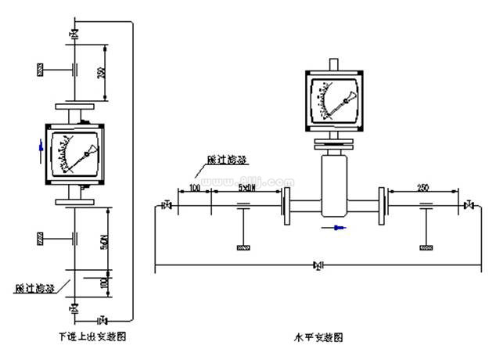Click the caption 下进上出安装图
pyautogui.click(x=92, y=337)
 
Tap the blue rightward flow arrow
pyautogui.click(x=339, y=228)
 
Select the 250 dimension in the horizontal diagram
pyautogui.click(x=423, y=189)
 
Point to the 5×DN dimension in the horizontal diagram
pyautogui.click(x=246, y=189)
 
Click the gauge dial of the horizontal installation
pyautogui.click(x=336, y=100)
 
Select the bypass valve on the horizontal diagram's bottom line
pyautogui.click(x=318, y=266)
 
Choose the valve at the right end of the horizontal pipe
pyautogui.click(x=468, y=207)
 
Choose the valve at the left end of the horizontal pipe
pyautogui.click(x=165, y=207)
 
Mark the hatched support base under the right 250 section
pyautogui.click(x=426, y=248)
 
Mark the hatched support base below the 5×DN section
pyautogui.click(x=243, y=248)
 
